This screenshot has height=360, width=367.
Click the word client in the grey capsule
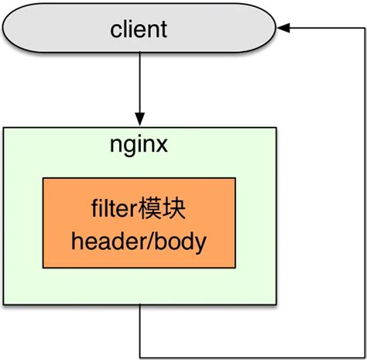click(139, 30)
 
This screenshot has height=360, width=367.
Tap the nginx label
click(139, 146)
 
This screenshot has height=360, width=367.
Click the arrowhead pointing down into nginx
click(139, 121)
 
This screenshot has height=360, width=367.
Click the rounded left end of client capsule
click(9, 30)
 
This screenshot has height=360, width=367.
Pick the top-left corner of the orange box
click(43, 177)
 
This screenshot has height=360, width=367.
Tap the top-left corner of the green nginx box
click(5, 128)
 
